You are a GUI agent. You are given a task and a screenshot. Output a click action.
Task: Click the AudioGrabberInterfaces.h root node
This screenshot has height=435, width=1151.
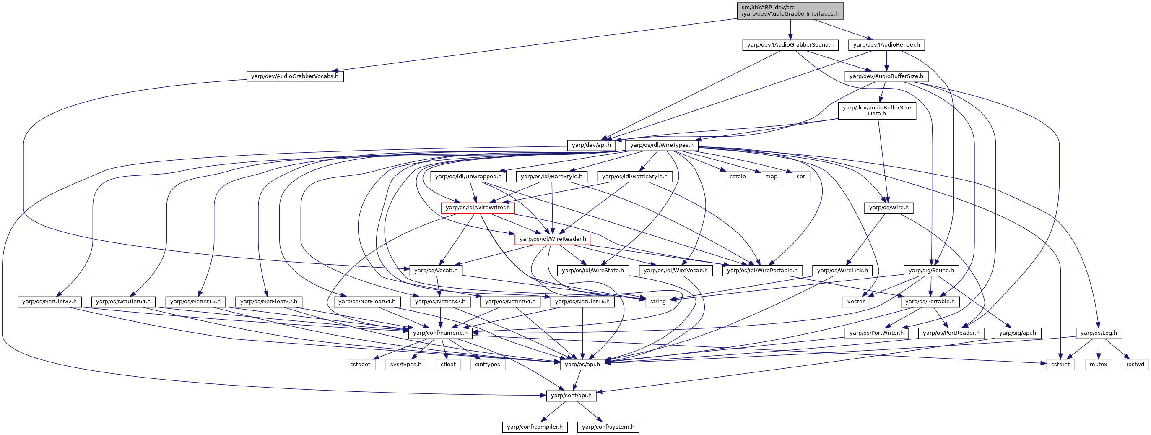790,11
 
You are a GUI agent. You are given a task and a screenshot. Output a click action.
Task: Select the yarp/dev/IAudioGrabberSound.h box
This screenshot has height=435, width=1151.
790,45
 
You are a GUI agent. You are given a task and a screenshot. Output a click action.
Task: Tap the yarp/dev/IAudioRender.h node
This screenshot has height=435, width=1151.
886,45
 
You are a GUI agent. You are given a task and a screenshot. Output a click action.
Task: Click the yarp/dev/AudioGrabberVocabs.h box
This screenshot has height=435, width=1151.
295,76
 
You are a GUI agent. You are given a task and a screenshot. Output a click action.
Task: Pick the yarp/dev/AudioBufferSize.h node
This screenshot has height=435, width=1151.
886,76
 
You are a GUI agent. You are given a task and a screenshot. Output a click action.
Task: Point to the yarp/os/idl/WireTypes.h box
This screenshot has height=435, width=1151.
662,145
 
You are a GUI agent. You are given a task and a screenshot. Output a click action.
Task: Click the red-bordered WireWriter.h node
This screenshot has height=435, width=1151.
478,208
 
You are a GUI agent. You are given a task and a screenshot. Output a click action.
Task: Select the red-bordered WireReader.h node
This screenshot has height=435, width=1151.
553,239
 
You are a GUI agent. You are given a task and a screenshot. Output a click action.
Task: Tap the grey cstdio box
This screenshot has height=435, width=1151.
738,177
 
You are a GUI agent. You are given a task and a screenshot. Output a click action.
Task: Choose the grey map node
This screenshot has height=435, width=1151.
771,177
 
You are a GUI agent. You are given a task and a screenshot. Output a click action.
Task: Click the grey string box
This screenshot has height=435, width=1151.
658,302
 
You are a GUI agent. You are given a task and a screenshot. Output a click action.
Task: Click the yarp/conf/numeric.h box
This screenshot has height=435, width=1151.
440,333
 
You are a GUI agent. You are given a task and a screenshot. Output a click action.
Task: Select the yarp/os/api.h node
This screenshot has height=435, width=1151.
582,365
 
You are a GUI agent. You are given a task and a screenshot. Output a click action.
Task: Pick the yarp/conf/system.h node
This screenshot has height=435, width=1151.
608,427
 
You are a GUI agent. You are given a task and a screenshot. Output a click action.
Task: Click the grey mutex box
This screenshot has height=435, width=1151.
1098,365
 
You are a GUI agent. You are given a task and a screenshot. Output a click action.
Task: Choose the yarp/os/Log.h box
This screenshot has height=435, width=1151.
1098,333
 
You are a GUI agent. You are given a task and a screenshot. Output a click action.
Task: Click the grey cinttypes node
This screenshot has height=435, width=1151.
488,365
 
